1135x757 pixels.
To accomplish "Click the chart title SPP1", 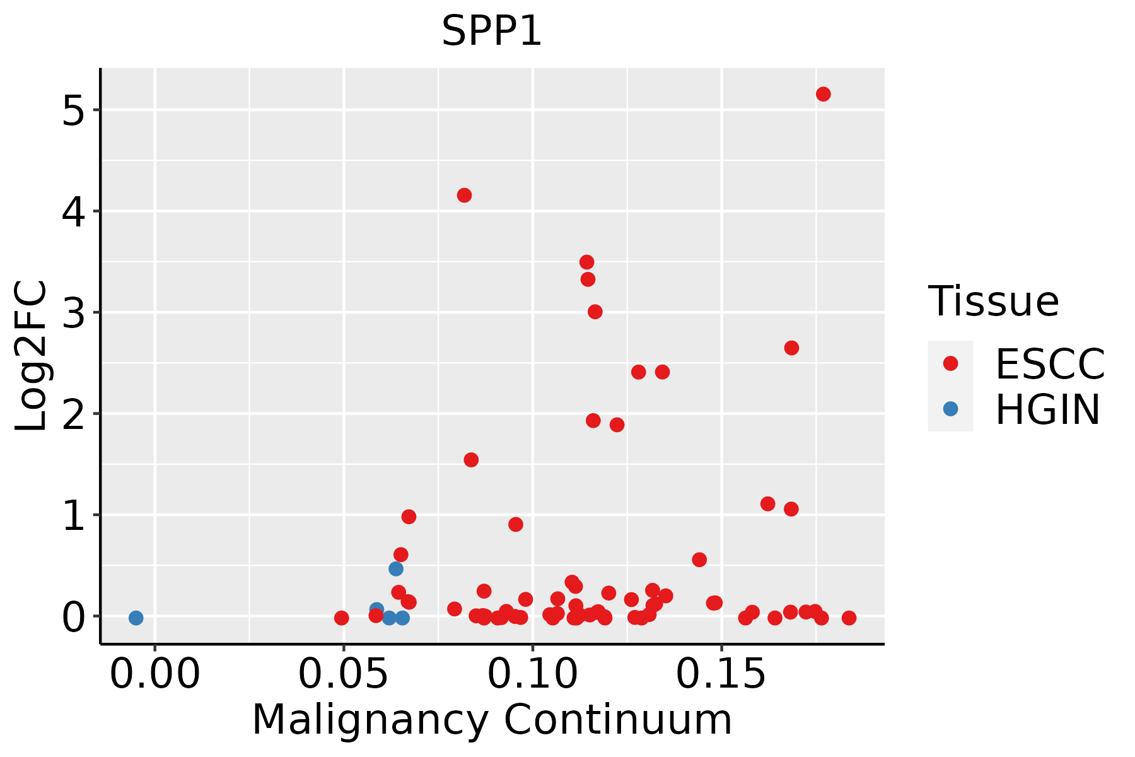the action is pyautogui.click(x=491, y=31).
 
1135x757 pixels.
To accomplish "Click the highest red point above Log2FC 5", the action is pyautogui.click(x=823, y=94).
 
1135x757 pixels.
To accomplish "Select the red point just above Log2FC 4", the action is pyautogui.click(x=464, y=196).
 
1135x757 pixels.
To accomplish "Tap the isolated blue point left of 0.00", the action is pyautogui.click(x=136, y=618).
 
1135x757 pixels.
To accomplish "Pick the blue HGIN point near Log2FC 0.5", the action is pyautogui.click(x=396, y=568).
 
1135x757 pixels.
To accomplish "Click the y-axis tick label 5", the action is pyautogui.click(x=73, y=111).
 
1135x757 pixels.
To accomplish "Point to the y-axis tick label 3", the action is pyautogui.click(x=73, y=314).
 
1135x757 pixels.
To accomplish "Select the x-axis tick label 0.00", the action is pyautogui.click(x=154, y=675).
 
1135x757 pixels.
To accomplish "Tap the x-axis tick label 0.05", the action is pyautogui.click(x=344, y=675).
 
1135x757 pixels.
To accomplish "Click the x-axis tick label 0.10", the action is pyautogui.click(x=533, y=675).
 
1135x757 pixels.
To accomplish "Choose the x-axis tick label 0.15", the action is pyautogui.click(x=722, y=675).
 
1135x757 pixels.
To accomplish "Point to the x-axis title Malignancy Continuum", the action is pyautogui.click(x=492, y=720).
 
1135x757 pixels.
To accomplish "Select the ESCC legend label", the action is pyautogui.click(x=1050, y=364).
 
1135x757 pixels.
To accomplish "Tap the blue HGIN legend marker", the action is pyautogui.click(x=950, y=409).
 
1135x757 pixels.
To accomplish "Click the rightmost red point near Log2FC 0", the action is pyautogui.click(x=849, y=618).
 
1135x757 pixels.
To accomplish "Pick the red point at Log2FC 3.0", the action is pyautogui.click(x=595, y=312).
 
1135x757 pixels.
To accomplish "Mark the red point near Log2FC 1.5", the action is pyautogui.click(x=471, y=460).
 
